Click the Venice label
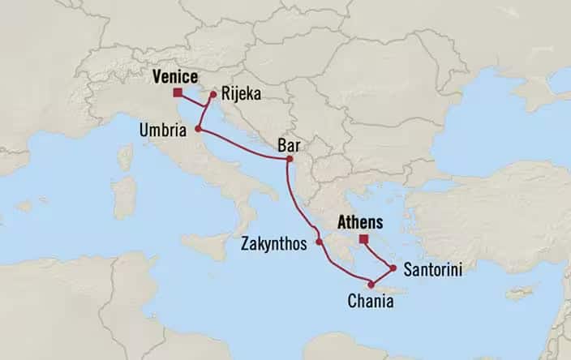[174, 77]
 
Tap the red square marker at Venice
[177, 92]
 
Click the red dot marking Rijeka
[213, 94]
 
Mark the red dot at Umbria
[198, 128]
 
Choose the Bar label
[287, 145]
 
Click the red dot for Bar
[288, 159]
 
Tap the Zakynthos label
[277, 242]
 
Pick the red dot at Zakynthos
[320, 242]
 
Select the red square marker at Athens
[363, 238]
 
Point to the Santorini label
[431, 270]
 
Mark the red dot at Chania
[371, 284]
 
